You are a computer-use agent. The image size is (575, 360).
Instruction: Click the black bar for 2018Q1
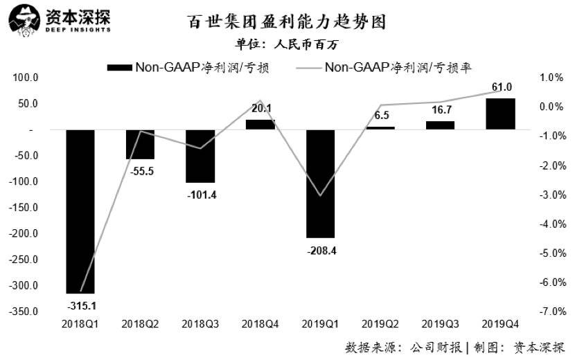[x=80, y=211]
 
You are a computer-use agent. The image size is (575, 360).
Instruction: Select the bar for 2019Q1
[x=320, y=183]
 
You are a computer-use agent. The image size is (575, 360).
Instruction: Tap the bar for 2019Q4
[x=500, y=114]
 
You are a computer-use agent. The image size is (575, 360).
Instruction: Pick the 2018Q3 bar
[x=200, y=156]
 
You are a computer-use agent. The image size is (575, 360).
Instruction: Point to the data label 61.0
[x=501, y=87]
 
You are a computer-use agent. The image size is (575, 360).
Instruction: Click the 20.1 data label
[x=260, y=108]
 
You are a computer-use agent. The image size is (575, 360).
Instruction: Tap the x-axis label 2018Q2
[x=140, y=324]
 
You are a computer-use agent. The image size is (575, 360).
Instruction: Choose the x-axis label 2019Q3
[x=441, y=324]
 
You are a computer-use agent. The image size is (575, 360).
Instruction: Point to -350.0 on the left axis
[x=24, y=312]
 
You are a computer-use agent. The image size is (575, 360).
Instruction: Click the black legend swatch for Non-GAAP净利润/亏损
[x=118, y=67]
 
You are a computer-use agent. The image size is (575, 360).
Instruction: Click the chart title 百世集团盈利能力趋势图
[x=287, y=23]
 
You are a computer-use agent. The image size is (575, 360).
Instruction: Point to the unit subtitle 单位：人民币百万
[x=287, y=45]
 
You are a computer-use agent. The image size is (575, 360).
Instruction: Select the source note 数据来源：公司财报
[x=404, y=347]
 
